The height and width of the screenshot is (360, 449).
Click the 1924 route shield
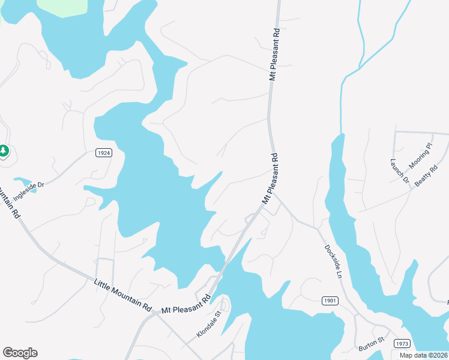click(x=103, y=153)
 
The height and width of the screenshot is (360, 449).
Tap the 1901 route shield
click(x=330, y=301)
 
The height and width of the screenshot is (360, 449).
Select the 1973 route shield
click(x=402, y=343)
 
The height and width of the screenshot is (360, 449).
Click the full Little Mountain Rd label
click(x=123, y=294)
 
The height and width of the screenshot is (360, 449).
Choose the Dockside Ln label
click(x=333, y=261)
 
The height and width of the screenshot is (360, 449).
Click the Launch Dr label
click(x=399, y=171)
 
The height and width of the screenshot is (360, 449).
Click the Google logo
click(x=20, y=353)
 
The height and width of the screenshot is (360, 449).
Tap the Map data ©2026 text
click(x=423, y=355)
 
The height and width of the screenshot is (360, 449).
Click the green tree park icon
click(x=4, y=150)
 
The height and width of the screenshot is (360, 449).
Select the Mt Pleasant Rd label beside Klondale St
click(x=187, y=304)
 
